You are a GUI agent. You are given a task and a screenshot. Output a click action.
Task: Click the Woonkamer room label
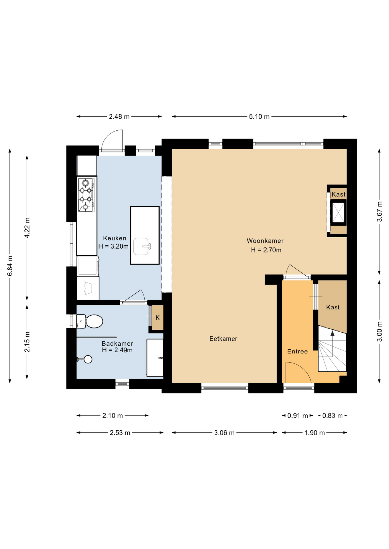pyautogui.click(x=265, y=241)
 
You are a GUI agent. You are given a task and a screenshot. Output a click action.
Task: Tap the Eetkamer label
pyautogui.click(x=223, y=339)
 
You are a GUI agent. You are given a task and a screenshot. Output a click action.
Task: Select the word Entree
pyautogui.click(x=297, y=351)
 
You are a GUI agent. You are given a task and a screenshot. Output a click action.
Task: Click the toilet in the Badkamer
pyautogui.click(x=90, y=321)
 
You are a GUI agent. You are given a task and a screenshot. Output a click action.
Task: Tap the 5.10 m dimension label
pyautogui.click(x=259, y=117)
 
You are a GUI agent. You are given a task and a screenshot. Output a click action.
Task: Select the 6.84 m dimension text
pyautogui.click(x=10, y=266)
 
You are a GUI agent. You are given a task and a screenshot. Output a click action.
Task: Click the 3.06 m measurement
pyautogui.click(x=224, y=433)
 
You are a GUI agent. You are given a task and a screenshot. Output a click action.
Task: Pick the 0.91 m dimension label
pyautogui.click(x=298, y=415)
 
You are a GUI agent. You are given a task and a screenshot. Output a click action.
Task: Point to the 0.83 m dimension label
pyautogui.click(x=332, y=415)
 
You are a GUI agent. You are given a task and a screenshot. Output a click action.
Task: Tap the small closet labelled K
pyautogui.click(x=157, y=318)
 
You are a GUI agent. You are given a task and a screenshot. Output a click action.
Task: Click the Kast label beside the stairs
pyautogui.click(x=333, y=307)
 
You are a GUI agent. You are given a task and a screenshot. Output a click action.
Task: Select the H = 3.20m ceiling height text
pyautogui.click(x=113, y=246)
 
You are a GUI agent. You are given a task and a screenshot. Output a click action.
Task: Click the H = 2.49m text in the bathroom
pyautogui.click(x=117, y=350)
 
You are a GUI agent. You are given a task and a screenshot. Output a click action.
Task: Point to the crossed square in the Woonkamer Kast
pyautogui.click(x=338, y=212)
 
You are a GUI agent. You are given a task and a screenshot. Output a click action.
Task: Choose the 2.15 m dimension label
pyautogui.click(x=27, y=342)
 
